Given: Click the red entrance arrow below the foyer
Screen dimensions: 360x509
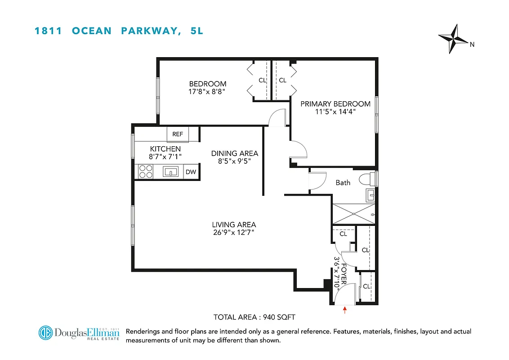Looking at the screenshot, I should pos(345,310).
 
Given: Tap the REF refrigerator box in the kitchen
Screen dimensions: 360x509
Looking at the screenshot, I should pos(178,134).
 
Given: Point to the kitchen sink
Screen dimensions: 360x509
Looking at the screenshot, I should pos(170,171).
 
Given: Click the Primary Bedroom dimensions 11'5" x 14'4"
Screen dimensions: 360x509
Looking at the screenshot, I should pos(335,112).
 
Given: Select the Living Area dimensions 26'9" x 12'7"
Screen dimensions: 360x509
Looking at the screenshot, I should pos(234,233).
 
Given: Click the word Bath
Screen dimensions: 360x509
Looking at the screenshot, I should pos(343,183).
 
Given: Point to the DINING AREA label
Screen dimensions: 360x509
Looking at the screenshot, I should pos(234,153).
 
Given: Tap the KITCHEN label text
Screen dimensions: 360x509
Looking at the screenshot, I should pos(165,149).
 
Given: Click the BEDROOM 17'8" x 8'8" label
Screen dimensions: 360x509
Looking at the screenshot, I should pos(207,87).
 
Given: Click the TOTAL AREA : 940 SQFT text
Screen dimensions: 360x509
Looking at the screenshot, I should pos(254,317).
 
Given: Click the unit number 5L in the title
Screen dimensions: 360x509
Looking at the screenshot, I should pos(197,31).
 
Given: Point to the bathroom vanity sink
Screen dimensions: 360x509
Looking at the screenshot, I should pos(371,195).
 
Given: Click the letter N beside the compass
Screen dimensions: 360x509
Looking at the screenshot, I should pos(472,44).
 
